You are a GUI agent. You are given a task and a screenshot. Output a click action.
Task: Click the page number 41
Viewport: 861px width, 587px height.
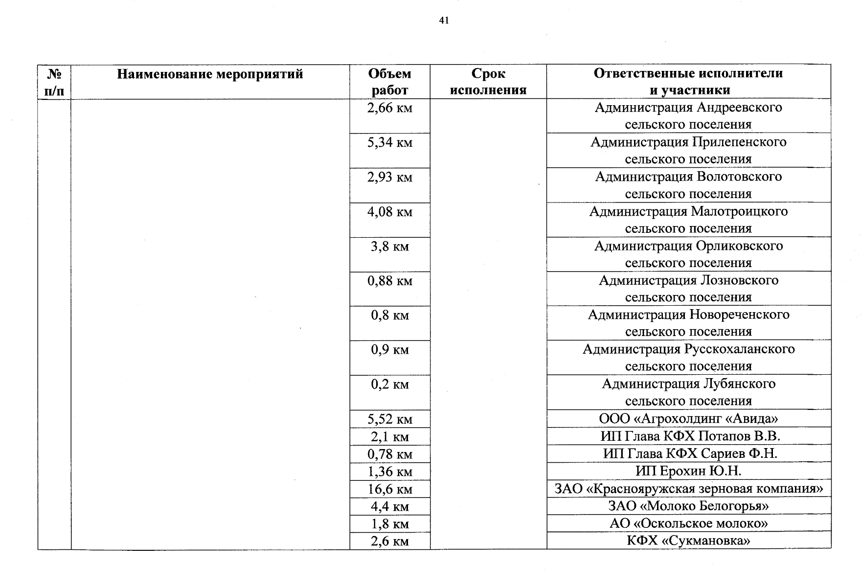coord(444,21)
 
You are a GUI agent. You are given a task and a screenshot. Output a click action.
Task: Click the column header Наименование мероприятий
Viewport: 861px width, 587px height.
coord(210,74)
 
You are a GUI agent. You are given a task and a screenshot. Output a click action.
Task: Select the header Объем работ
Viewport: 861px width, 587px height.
coord(389,82)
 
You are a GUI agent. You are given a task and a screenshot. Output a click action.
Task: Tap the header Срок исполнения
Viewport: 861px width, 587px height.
coord(488,82)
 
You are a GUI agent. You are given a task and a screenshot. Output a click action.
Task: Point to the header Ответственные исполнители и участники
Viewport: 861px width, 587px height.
coord(688,82)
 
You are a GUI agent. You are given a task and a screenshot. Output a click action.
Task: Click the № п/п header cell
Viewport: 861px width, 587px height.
coord(54,82)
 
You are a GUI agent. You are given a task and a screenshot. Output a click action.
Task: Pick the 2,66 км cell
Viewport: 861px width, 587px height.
coord(389,108)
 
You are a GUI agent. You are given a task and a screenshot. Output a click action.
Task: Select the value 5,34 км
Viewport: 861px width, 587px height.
coord(389,142)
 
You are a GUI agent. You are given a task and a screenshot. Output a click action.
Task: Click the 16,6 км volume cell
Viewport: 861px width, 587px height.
coord(389,489)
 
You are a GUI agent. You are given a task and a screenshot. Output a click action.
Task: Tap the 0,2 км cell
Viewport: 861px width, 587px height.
coord(389,384)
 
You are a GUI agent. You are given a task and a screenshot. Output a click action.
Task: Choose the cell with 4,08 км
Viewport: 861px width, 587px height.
coord(389,212)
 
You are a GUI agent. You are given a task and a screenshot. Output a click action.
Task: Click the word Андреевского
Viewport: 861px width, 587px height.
coord(739,107)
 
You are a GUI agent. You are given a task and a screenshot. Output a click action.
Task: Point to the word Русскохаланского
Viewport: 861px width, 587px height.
coord(740,349)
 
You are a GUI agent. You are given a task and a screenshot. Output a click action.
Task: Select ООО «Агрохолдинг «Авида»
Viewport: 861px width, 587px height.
coord(688,419)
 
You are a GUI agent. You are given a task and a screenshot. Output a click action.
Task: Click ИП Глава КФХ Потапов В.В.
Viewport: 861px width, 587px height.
coord(690,436)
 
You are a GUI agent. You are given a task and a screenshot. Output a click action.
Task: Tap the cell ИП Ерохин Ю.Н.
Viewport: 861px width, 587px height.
coord(688,471)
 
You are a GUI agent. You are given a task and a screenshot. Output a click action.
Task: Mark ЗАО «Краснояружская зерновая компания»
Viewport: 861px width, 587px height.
coord(688,488)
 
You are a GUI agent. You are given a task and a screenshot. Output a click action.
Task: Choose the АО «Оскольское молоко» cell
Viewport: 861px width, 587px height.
coord(688,523)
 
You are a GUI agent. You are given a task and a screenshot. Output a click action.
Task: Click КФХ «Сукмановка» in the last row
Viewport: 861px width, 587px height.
coord(688,541)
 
